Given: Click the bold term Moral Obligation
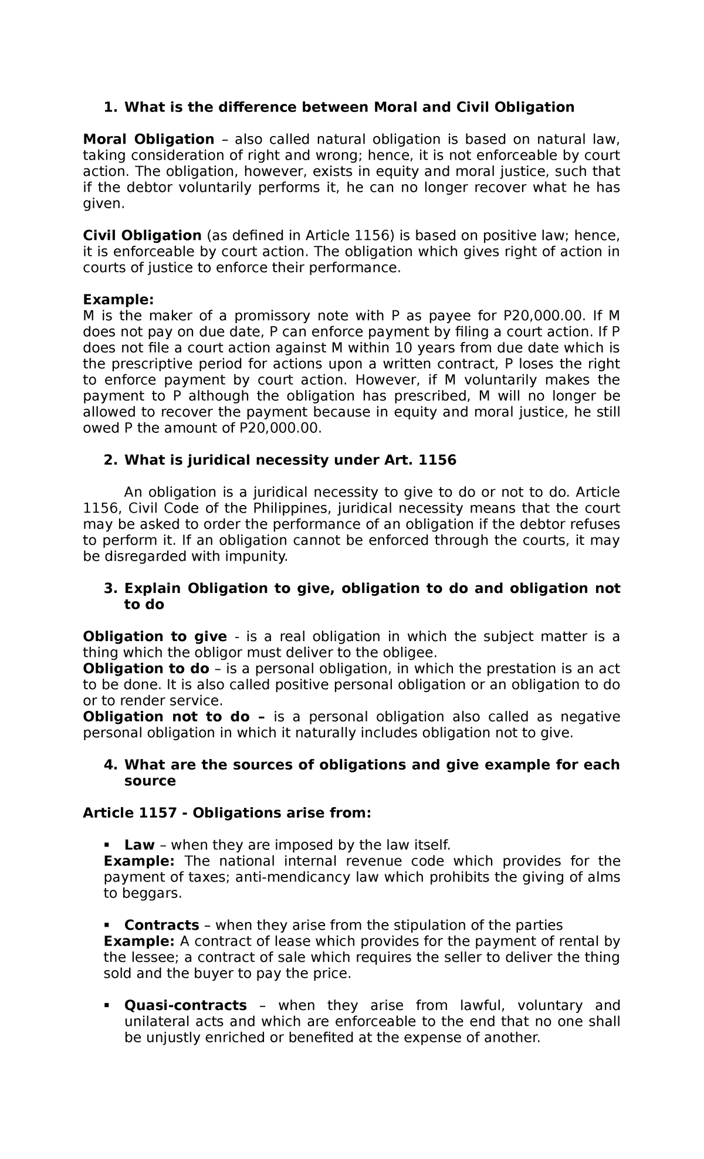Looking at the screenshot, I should pyautogui.click(x=148, y=140).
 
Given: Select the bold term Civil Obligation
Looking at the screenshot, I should pyautogui.click(x=142, y=236).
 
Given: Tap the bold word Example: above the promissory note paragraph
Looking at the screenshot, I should pyautogui.click(x=118, y=300).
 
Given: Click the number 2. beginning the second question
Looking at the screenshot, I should pyautogui.click(x=110, y=460).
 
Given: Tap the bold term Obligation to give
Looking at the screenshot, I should pyautogui.click(x=155, y=637).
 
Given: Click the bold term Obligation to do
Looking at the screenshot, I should pyautogui.click(x=146, y=669).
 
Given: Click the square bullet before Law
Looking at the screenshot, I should pyautogui.click(x=107, y=845).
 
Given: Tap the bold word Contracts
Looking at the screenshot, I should pyautogui.click(x=161, y=925).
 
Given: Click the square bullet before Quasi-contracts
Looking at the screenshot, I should pyautogui.click(x=107, y=1005).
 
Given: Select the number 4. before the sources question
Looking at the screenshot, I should pyautogui.click(x=110, y=765).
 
